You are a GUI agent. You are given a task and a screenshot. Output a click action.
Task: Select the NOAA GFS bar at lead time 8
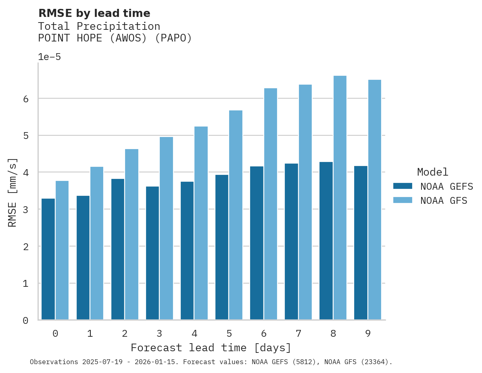(x=340, y=198)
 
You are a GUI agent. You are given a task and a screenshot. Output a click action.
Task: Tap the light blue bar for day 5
(x=236, y=215)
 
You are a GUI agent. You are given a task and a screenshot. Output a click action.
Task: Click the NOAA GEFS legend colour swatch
(x=403, y=186)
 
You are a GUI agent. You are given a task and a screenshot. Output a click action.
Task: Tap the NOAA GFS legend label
(x=444, y=201)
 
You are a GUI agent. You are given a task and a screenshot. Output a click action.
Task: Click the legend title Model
(x=432, y=172)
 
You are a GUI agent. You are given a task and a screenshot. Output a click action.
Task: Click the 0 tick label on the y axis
(x=25, y=321)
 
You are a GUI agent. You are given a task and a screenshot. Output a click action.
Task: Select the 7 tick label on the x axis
(x=298, y=334)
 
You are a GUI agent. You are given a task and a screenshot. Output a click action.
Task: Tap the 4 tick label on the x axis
(x=194, y=334)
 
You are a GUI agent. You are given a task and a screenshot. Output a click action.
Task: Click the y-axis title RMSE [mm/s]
(x=13, y=192)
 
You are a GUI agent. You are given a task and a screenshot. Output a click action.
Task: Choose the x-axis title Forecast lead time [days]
(x=211, y=348)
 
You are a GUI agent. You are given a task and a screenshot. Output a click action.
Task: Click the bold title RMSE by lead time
(x=94, y=13)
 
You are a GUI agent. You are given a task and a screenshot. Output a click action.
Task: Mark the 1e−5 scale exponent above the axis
(x=49, y=57)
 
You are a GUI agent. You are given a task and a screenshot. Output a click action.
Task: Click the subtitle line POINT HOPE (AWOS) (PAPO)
(x=115, y=38)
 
